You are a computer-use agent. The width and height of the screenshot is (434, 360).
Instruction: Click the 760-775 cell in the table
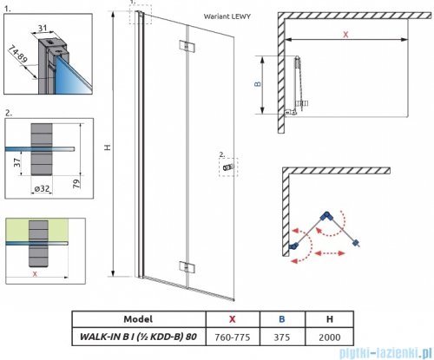pos(233,337)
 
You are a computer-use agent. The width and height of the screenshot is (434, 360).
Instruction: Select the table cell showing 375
pos(282,337)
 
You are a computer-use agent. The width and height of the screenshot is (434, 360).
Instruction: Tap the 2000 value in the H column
pos(330,337)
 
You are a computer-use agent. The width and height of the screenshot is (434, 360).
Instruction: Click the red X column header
pos(233,319)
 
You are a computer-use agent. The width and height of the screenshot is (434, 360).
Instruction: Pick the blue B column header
pos(282,319)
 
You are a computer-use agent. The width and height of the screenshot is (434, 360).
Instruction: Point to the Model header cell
pos(138,319)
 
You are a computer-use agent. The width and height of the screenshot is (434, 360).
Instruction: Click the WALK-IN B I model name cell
pos(138,337)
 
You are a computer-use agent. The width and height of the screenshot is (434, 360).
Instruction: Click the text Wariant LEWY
pos(227,16)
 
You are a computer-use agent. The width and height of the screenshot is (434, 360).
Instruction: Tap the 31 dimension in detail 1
pos(43,28)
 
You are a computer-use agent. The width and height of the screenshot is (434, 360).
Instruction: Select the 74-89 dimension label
pos(18,54)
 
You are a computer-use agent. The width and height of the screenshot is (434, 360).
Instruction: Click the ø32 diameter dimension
pos(43,188)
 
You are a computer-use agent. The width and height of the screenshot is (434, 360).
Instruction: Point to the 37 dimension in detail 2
pos(17,162)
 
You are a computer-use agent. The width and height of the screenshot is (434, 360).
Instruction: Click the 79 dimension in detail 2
pos(76,184)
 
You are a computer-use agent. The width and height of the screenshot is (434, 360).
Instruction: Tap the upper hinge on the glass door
pos(187,46)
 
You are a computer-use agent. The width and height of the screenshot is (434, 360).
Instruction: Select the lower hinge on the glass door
pos(187,267)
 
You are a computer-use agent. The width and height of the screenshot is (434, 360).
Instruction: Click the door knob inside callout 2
pos(228,167)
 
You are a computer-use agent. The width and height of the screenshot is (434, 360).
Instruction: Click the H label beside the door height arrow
pos(108,147)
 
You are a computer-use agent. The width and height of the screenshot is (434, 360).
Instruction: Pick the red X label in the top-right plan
pos(345,35)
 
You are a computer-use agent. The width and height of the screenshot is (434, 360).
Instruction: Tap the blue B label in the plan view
pos(257,84)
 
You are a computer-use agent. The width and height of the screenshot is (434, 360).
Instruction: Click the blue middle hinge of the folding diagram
pos(326,215)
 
